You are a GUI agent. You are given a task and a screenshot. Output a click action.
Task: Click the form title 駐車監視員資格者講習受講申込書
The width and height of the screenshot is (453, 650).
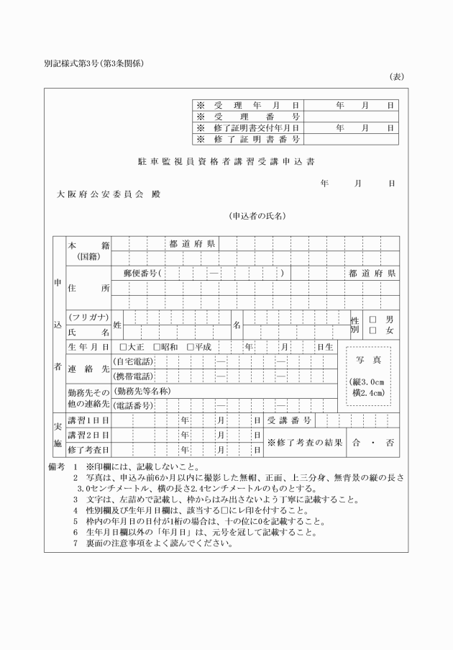pyautogui.click(x=226, y=162)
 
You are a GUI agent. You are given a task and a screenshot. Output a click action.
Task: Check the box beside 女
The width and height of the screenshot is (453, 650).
pyautogui.click(x=372, y=330)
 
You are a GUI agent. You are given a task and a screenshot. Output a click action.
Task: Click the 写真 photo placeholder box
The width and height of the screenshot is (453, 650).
pyautogui.click(x=368, y=375)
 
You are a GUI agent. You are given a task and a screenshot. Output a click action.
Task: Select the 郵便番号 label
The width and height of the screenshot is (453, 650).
pyautogui.click(x=140, y=274)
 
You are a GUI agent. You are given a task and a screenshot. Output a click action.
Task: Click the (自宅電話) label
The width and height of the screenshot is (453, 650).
pyautogui.click(x=134, y=361)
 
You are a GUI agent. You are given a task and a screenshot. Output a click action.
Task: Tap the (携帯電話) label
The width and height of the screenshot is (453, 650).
pyautogui.click(x=134, y=376)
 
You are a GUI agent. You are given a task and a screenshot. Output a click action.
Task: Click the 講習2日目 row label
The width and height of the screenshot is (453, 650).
pyautogui.click(x=88, y=435)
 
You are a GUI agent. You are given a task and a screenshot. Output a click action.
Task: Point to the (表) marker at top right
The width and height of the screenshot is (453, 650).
pyautogui.click(x=396, y=76)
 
